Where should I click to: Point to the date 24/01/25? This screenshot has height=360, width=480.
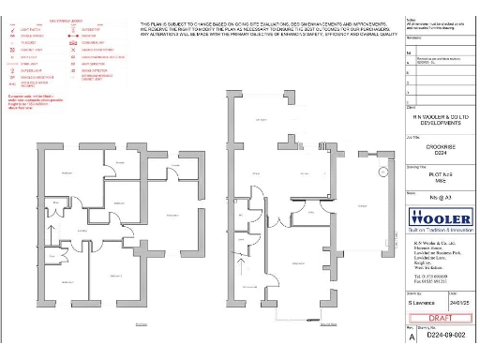click(457, 304)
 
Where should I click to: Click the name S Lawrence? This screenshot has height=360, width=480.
click(423, 304)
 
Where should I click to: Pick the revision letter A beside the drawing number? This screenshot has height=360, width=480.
click(410, 335)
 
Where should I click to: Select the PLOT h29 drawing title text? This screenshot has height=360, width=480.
click(440, 174)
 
